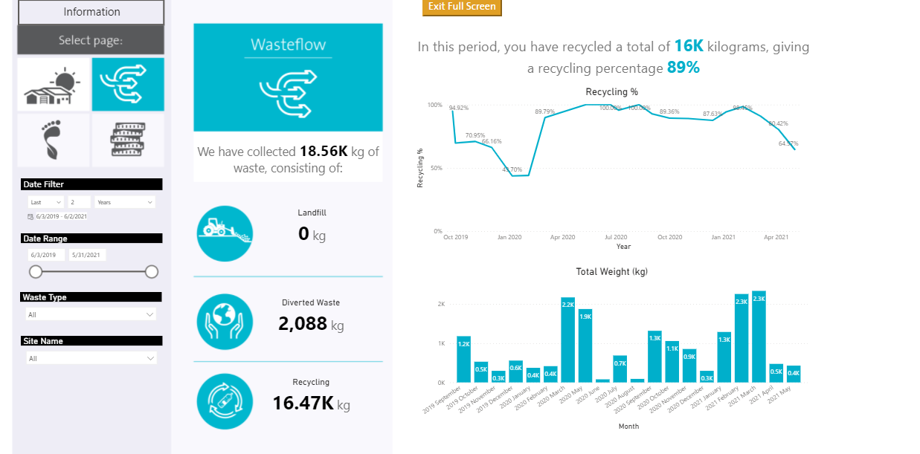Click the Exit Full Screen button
coord(462,7)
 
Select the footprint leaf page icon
coord(54,140)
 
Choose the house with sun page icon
coord(54,85)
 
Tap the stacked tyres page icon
coord(128,140)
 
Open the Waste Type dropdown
coord(91,314)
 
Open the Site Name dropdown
coord(91,358)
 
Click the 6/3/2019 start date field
coord(46,255)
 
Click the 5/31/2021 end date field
coord(87,255)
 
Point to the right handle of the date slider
coord(152,272)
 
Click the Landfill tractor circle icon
coord(225,233)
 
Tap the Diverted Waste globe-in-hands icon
coord(225,322)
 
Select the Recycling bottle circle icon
coord(225,401)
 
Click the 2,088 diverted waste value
coord(303,323)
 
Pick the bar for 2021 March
coord(759,337)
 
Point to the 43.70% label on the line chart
coord(512,169)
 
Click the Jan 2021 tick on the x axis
coord(723,237)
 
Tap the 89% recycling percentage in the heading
coord(683,68)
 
